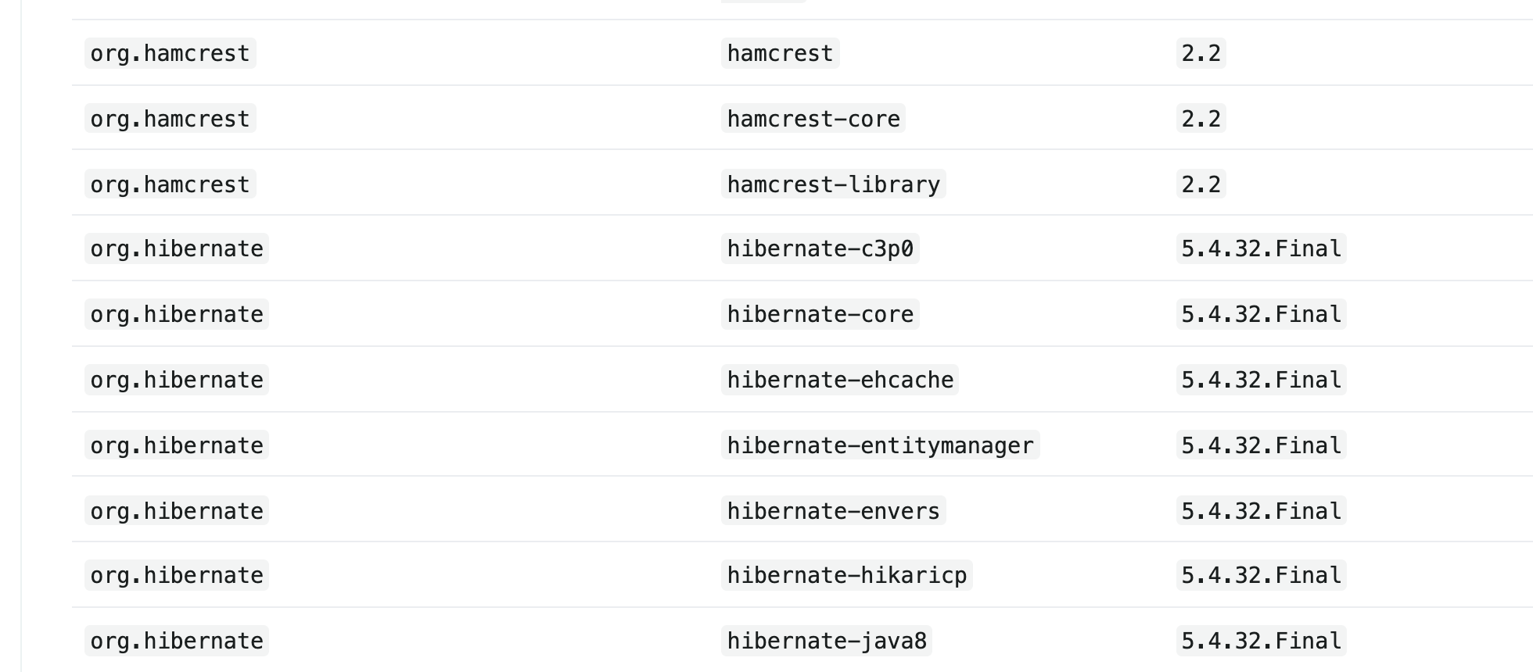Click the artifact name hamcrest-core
coord(813,119)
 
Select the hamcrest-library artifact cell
coord(833,184)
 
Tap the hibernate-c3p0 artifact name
coord(820,248)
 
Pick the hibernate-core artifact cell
coord(820,314)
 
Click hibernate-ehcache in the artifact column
coord(840,380)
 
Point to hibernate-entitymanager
coord(880,445)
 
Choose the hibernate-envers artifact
coord(833,511)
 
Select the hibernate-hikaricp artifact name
coord(846,575)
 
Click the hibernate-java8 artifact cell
coord(827,641)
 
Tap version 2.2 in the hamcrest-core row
coord(1201,119)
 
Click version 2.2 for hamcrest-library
coord(1201,184)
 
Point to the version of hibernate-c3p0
coord(1261,248)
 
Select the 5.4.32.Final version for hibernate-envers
coord(1261,511)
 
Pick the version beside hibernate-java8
coord(1261,641)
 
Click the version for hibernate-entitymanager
coord(1261,445)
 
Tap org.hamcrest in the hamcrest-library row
coord(170,184)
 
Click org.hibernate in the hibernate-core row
coord(177,314)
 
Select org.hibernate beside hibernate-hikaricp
coord(177,575)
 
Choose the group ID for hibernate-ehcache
coord(177,380)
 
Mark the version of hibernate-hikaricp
coord(1261,575)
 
